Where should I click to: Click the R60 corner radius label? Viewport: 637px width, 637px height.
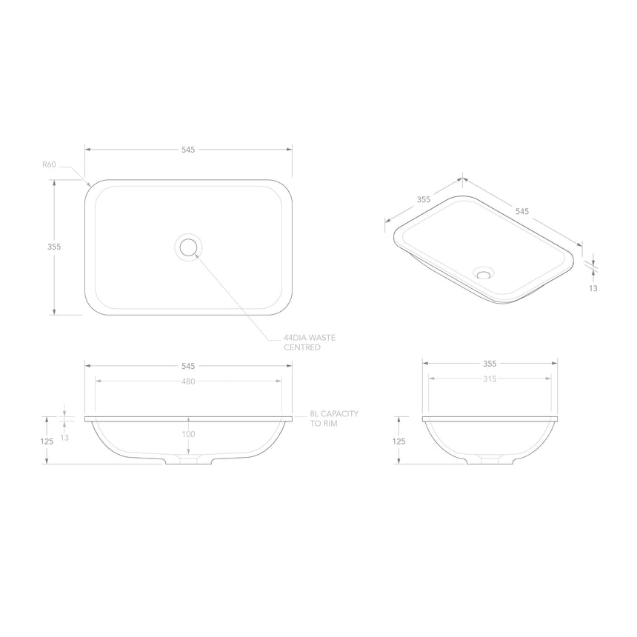click(49, 164)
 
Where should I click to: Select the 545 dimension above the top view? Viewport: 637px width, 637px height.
click(188, 150)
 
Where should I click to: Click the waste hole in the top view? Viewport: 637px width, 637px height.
click(188, 247)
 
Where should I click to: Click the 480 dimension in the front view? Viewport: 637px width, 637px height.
click(188, 381)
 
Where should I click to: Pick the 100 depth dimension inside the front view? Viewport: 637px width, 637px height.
click(189, 434)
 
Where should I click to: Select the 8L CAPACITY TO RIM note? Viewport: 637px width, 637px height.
click(335, 418)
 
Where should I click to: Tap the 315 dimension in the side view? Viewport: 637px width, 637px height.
click(490, 378)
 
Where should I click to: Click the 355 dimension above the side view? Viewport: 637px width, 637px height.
click(490, 364)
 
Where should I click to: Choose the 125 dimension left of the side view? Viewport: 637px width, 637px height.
click(399, 441)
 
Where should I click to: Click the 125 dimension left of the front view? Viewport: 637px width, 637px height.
click(47, 441)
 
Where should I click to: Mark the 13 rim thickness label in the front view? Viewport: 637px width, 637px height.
click(65, 438)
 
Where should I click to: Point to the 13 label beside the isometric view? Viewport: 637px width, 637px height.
click(593, 288)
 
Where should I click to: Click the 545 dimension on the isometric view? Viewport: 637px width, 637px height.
click(522, 211)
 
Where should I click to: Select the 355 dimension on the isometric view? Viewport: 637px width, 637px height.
click(424, 200)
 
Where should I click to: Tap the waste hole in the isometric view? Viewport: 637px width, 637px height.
click(485, 273)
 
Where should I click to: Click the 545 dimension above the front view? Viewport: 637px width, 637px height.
click(188, 366)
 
